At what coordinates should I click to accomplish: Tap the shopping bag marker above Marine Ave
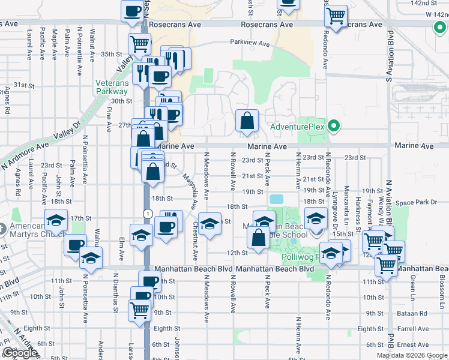pyautogui.click(x=247, y=121)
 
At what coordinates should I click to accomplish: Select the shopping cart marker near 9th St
pyautogui.click(x=140, y=310)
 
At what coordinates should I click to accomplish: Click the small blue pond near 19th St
pyautogui.click(x=277, y=199)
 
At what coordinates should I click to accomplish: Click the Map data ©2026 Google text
pyautogui.click(x=411, y=355)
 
